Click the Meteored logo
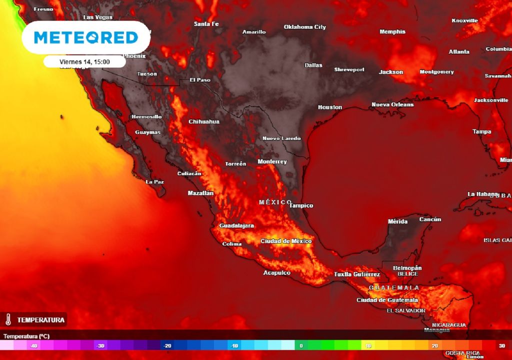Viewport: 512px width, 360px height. point(85,37)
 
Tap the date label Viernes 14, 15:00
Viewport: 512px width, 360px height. point(84,61)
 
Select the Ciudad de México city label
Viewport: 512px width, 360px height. point(286,241)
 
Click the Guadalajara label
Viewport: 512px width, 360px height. point(236,226)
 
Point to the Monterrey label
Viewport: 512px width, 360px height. point(272,162)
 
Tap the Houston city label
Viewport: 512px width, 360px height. point(330,107)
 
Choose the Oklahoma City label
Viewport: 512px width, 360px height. point(305,27)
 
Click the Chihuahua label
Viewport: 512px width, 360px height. point(204,121)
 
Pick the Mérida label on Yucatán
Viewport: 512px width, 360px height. point(397,221)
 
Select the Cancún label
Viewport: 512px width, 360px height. point(430,219)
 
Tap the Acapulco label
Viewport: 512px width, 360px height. point(277,273)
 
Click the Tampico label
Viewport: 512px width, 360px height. point(301,205)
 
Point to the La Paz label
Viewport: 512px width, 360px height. point(154,182)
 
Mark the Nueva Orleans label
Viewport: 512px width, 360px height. point(392,105)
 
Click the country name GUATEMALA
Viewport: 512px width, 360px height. point(394,288)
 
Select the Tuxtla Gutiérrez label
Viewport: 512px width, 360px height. point(357,274)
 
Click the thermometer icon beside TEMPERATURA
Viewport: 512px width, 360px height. point(8,319)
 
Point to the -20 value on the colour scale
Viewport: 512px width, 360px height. point(167,345)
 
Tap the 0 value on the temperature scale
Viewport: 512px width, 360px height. point(301,345)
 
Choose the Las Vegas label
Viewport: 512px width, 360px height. point(97,17)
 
